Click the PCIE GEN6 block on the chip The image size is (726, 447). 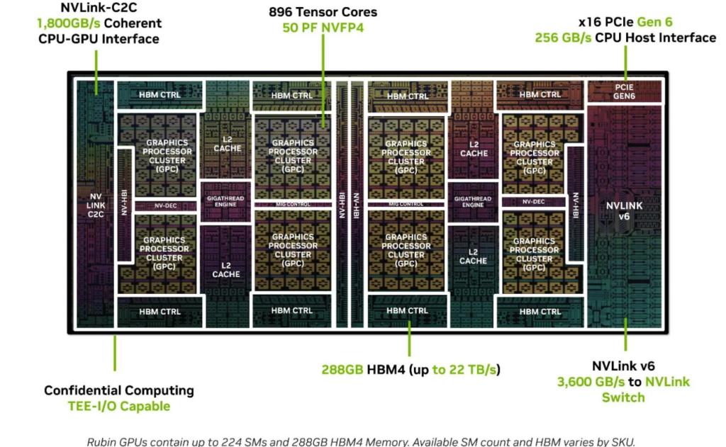pos(624,91)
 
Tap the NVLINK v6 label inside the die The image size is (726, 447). pos(624,210)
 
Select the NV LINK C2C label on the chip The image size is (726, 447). pos(96,205)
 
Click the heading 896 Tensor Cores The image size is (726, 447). pos(323,12)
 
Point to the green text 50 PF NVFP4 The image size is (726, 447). pos(323,28)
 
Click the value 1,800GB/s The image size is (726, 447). pos(69,23)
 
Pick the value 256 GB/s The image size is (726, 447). pos(563,38)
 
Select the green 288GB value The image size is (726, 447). pos(342,370)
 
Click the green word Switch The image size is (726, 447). pos(623,397)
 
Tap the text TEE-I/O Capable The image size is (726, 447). pos(119,407)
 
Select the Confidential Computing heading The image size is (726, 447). pos(119,390)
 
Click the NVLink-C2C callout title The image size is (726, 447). pos(99,7)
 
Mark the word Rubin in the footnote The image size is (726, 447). pos(101,442)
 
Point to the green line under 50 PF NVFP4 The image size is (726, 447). pos(323,81)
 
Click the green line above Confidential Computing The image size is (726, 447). pos(115,353)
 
